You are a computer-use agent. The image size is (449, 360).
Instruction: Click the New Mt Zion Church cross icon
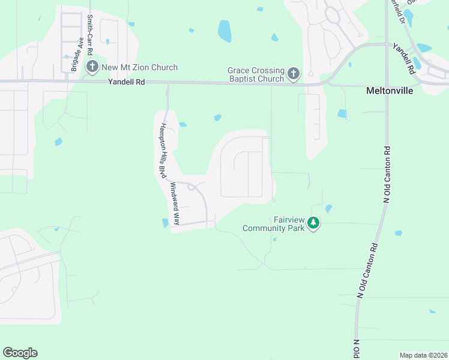pos(92,67)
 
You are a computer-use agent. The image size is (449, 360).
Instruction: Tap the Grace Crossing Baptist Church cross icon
pos(293,74)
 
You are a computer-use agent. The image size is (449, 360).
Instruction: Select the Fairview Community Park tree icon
pos(313,224)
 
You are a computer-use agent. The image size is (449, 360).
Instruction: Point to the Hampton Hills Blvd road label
pos(163,150)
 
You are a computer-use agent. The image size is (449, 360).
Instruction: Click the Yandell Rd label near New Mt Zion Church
pos(126,83)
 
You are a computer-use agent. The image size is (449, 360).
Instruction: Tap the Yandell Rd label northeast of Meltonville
pos(404,58)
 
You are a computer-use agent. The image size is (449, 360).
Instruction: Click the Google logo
pos(20,353)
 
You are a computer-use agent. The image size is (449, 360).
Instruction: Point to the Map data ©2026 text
pos(423,355)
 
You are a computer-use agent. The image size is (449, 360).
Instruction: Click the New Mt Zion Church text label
pos(139,67)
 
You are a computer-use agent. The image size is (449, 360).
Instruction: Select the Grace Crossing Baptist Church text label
pos(256,74)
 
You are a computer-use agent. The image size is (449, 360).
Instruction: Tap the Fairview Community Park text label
pos(273,224)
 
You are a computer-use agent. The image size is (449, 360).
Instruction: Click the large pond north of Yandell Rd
pos(224,31)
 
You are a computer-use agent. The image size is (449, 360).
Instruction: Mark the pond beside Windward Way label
pos(165,223)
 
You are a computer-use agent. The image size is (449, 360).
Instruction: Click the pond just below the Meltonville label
pos(342,113)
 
